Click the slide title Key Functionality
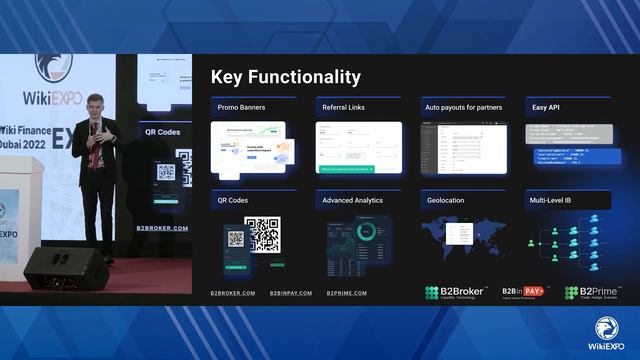tap(285, 78)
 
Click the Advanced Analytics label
tap(352, 200)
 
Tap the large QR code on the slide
tap(262, 234)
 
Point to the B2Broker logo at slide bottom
tap(456, 292)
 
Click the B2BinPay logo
tap(525, 291)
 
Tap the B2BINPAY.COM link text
tap(291, 293)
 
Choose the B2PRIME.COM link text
tap(346, 293)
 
